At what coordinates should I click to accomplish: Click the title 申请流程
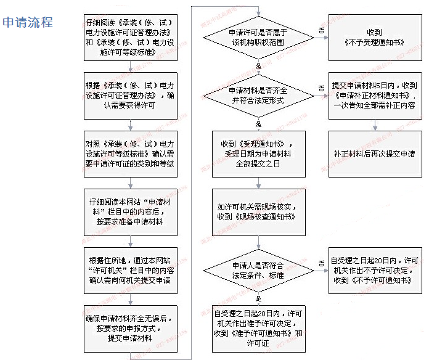(x=28, y=23)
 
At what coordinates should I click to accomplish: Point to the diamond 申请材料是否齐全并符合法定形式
(x=258, y=94)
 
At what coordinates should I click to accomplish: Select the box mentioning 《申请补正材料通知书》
(x=374, y=95)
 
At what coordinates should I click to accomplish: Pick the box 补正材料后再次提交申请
(x=374, y=153)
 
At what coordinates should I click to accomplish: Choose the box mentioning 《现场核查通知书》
(x=258, y=212)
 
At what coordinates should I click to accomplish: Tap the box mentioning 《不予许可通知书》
(x=374, y=270)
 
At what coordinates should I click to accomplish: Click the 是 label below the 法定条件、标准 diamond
(x=258, y=299)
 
